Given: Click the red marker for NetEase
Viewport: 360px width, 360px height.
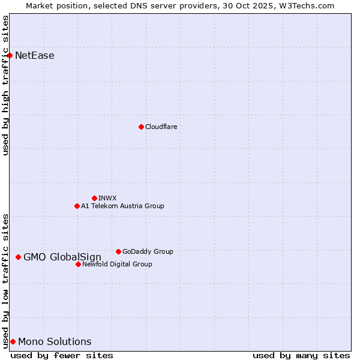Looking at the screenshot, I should click(x=10, y=56).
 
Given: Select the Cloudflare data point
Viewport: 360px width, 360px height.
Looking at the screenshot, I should click(x=141, y=127).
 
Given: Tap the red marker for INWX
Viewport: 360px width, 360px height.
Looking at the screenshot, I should click(x=94, y=198).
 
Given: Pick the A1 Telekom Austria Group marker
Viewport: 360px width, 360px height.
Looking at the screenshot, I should click(x=77, y=206).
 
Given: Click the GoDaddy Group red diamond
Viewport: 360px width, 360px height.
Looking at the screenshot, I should click(x=118, y=251).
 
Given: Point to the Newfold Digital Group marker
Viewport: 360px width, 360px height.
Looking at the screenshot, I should click(x=78, y=264).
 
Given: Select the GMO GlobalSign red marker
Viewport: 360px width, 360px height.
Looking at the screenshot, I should click(x=18, y=257).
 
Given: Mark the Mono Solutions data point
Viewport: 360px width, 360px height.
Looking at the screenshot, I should click(x=13, y=341).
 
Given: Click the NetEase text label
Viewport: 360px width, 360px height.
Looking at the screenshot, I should click(x=35, y=56).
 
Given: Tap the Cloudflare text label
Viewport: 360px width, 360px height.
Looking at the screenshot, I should click(x=161, y=127).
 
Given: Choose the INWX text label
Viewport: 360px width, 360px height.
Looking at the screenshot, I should click(x=107, y=198).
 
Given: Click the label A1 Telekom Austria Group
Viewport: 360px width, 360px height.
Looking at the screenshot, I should click(x=122, y=206).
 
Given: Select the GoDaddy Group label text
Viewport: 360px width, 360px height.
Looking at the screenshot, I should click(x=148, y=251).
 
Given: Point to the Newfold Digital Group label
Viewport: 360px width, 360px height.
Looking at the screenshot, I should click(x=117, y=264).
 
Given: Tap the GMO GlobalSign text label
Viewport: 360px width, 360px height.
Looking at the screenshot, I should click(x=62, y=257).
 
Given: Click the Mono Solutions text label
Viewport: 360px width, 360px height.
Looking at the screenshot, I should click(x=55, y=342).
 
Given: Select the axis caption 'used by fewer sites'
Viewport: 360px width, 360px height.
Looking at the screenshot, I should click(x=62, y=355).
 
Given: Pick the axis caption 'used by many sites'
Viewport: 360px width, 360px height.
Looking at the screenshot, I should click(x=301, y=355).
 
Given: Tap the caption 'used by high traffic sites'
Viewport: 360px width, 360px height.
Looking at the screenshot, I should click(x=5, y=85).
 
